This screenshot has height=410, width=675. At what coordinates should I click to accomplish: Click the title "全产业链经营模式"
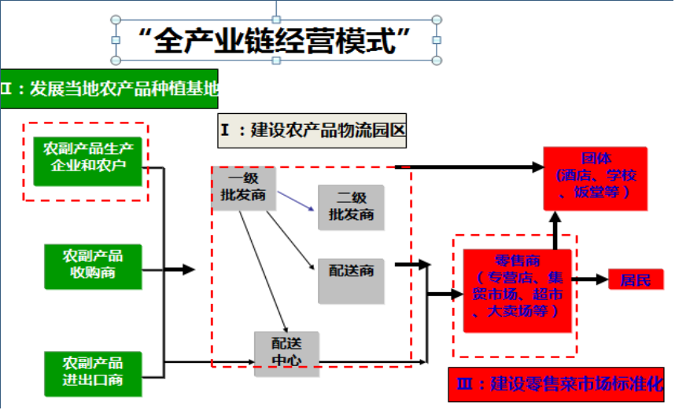275,42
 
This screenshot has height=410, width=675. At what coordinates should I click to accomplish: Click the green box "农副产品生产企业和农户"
88,161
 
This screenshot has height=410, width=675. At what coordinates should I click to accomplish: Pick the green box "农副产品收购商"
93,266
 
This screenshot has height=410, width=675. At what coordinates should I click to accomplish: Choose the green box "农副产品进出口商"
93,374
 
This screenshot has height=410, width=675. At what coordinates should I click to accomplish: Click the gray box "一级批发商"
244,189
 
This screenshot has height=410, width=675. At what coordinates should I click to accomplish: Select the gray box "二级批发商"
351,207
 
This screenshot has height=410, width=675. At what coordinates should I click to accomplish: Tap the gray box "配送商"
351,281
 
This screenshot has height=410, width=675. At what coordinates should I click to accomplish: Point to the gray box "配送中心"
286,354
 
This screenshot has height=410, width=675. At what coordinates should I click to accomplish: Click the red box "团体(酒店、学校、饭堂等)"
596,179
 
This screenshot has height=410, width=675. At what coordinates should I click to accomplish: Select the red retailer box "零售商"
517,291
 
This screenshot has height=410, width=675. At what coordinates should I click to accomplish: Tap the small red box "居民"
636,280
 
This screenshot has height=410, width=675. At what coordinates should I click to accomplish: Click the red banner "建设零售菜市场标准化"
556,384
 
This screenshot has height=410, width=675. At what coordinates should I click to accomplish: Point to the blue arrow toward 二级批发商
296,201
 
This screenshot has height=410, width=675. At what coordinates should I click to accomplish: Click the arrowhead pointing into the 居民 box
603,280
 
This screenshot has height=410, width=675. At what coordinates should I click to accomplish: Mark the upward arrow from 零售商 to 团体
555,230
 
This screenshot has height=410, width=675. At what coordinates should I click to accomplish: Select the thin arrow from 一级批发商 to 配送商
290,240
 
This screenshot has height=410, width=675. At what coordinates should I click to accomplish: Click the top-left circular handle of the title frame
116,20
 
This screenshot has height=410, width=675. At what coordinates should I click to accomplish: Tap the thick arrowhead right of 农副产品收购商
189,269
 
